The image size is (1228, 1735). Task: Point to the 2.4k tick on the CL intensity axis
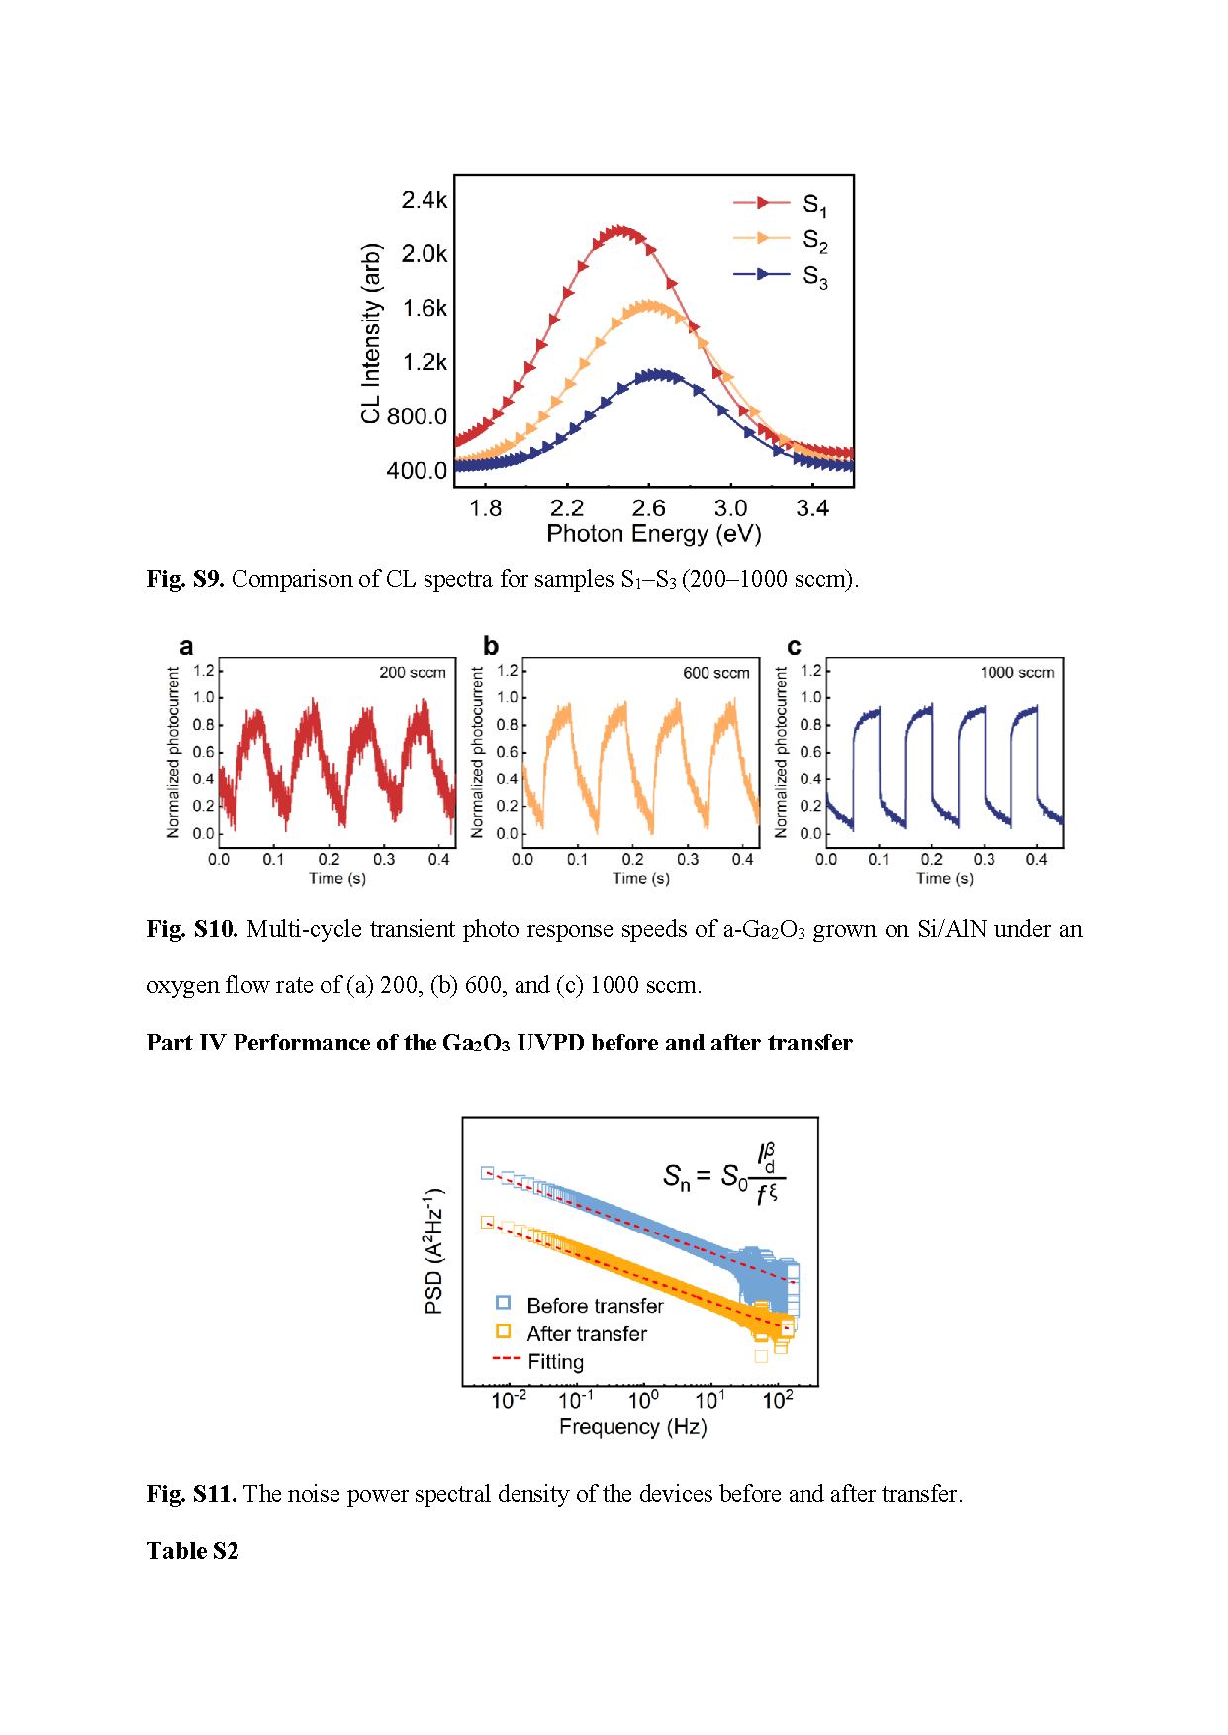(424, 200)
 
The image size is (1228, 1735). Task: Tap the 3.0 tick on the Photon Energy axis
(730, 508)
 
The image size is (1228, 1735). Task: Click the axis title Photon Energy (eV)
(653, 534)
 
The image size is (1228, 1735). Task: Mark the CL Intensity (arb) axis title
(371, 333)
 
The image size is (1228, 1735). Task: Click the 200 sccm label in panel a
(412, 673)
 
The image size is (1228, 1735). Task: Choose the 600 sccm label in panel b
(715, 673)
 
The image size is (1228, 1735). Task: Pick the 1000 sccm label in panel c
(1016, 673)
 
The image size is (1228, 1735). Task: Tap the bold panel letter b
(491, 646)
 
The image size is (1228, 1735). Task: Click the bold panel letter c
(794, 647)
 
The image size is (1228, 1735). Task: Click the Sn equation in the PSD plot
(722, 1175)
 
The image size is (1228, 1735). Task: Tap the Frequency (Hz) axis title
(632, 1427)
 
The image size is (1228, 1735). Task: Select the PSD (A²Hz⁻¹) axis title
(433, 1251)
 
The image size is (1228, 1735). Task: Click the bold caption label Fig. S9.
(185, 579)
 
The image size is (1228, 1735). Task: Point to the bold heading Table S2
(193, 1551)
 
